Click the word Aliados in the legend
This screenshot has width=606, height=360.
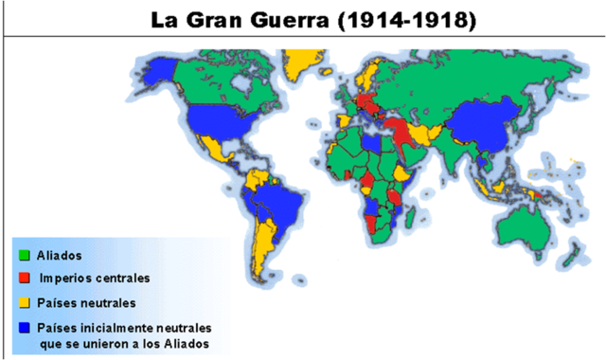coord(59,256)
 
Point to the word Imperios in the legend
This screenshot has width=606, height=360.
coord(67,279)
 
